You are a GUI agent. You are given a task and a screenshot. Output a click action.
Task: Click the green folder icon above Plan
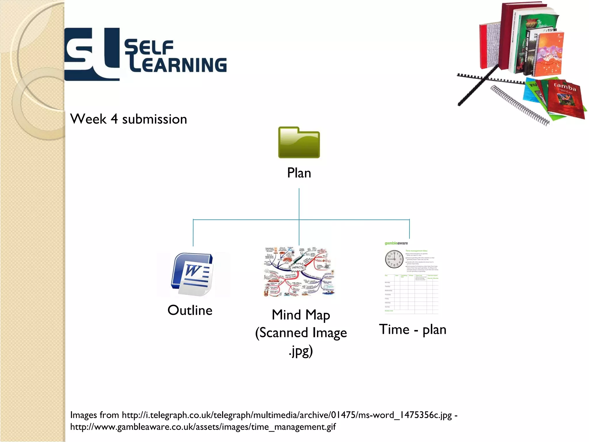[299, 143]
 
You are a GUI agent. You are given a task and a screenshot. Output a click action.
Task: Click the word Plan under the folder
[299, 173]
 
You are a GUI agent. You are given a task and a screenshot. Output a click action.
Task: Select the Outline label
[190, 310]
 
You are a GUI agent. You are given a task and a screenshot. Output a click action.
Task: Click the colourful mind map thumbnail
[299, 271]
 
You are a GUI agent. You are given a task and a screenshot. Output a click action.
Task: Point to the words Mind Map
[301, 315]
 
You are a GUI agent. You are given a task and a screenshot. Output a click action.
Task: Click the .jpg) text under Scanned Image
[301, 351]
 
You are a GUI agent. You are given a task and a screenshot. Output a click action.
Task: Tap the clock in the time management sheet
[394, 259]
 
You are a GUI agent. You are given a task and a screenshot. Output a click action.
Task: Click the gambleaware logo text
[396, 243]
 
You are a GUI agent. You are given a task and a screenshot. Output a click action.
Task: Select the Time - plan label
[412, 329]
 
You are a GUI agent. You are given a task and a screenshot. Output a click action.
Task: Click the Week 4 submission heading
[129, 119]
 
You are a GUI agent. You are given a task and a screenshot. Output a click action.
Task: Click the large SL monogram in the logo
[91, 54]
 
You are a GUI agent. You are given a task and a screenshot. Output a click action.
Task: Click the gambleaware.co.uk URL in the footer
[203, 427]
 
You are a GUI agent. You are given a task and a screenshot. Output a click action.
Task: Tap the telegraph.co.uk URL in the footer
[287, 415]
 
